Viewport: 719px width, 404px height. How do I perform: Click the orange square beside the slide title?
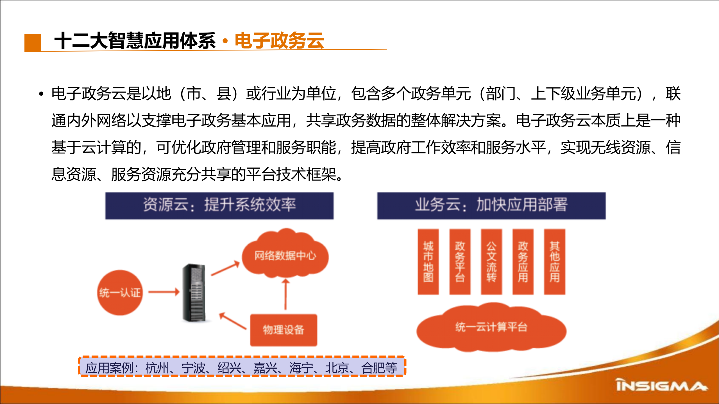(33, 43)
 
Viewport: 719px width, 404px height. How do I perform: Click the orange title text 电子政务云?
(279, 41)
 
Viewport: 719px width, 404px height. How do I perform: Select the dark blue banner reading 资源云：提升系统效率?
(219, 205)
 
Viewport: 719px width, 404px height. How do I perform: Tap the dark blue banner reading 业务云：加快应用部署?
(491, 205)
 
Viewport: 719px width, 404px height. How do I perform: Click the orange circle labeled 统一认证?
(120, 293)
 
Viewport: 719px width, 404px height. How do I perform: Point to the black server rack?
(194, 293)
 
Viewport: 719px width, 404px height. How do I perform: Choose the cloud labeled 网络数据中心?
(285, 254)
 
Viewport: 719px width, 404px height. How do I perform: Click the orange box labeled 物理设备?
(283, 330)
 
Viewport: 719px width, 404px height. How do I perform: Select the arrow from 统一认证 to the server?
(164, 292)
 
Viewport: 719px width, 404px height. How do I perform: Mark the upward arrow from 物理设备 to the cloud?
(285, 294)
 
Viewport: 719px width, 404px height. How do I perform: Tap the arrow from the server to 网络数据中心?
(225, 268)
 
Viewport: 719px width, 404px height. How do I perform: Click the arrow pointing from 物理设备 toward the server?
(233, 321)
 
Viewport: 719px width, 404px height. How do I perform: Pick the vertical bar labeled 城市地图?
(428, 261)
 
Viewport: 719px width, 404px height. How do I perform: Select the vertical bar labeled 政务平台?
(460, 261)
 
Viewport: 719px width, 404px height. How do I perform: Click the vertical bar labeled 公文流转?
(491, 261)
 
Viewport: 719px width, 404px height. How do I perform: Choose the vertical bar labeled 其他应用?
(554, 261)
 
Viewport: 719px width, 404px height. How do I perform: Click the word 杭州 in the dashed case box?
(157, 368)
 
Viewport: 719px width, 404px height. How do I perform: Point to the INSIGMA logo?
(661, 385)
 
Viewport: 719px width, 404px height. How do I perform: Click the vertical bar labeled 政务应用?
(523, 261)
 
